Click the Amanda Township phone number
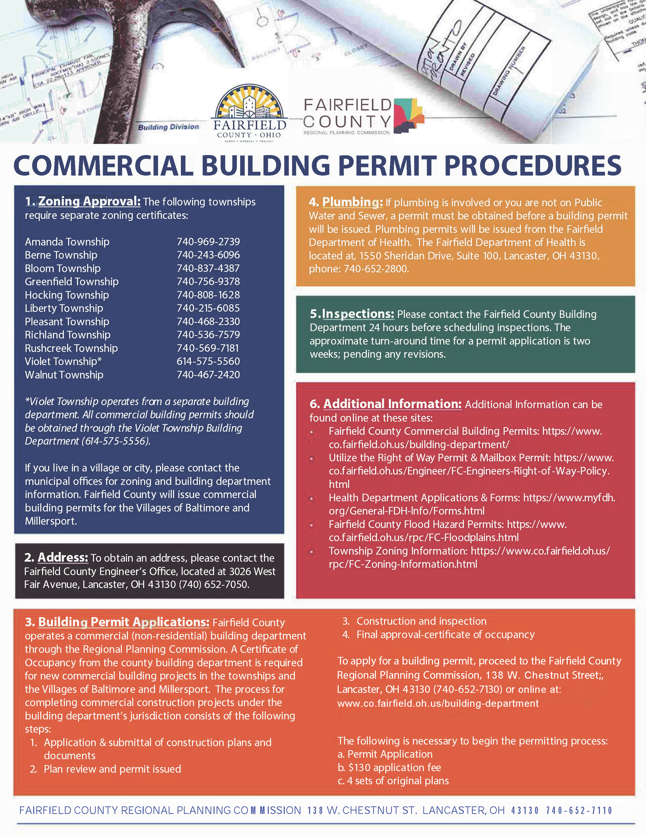[x=208, y=242]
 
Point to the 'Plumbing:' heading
[x=352, y=202]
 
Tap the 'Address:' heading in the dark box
[x=63, y=557]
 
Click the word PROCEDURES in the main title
[x=532, y=166]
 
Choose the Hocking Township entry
[x=67, y=295]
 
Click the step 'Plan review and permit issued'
[x=112, y=769]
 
